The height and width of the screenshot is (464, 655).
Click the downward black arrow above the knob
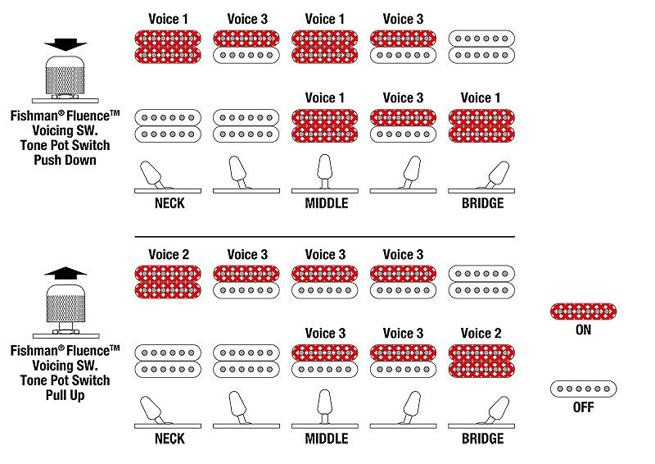click(65, 44)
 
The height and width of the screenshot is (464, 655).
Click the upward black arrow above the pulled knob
click(65, 273)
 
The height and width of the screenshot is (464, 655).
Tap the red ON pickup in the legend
click(583, 312)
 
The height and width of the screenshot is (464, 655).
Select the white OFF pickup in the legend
click(583, 389)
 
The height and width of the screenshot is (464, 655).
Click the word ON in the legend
click(583, 330)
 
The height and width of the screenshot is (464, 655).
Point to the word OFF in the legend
click(583, 407)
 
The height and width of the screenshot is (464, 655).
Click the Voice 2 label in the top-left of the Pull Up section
click(169, 254)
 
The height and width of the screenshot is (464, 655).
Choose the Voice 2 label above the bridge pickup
click(481, 333)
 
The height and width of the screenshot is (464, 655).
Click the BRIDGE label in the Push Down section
click(482, 203)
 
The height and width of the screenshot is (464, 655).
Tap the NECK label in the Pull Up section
click(169, 439)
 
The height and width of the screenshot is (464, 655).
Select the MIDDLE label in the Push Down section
click(326, 203)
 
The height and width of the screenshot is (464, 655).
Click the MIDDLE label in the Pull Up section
click(326, 439)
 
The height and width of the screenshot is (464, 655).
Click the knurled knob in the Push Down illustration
click(65, 75)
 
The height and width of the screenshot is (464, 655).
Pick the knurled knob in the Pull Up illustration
click(65, 303)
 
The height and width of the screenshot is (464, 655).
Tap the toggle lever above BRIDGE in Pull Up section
click(496, 410)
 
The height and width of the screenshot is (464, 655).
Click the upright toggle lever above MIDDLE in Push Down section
click(324, 171)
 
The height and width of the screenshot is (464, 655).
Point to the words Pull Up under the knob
click(65, 395)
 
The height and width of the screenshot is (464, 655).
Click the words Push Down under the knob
click(65, 160)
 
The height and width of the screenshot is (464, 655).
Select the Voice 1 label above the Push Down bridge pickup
click(481, 98)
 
